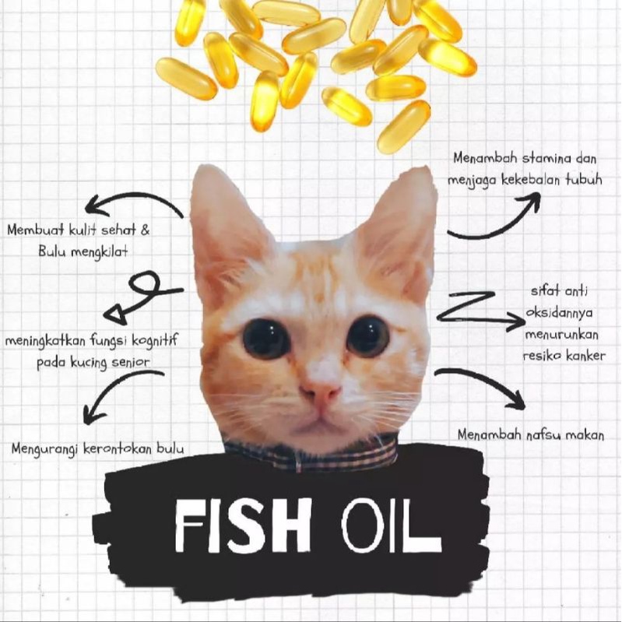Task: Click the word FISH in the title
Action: coord(242,525)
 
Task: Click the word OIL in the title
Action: coord(391,526)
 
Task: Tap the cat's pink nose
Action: coord(321,391)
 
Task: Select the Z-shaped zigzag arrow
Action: coord(478,312)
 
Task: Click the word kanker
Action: coord(585,356)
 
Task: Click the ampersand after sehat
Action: coord(146,230)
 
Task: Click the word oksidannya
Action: coord(559,314)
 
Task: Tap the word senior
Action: coord(131,363)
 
